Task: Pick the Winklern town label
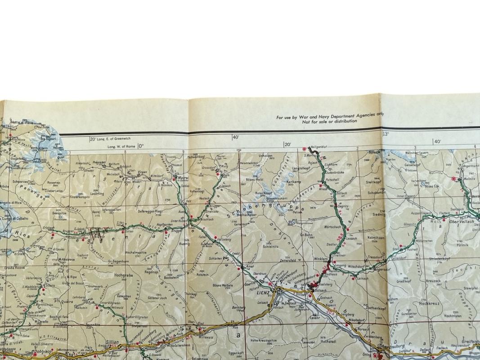coord(321,259)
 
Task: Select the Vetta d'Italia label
coord(21,123)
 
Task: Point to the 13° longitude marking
coord(386,134)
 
